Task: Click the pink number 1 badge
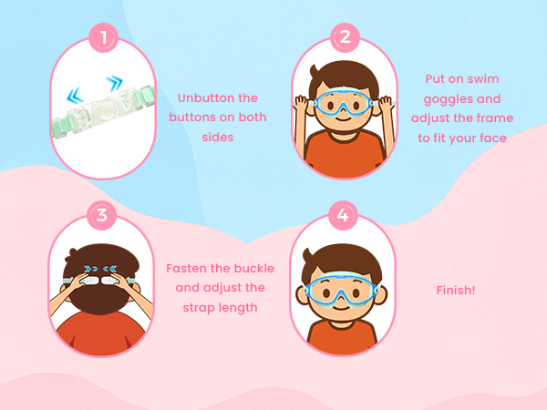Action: (103, 37)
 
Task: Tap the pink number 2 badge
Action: (345, 37)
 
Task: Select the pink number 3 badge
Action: (101, 215)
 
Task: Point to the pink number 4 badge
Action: (343, 215)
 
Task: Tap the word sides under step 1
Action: (218, 137)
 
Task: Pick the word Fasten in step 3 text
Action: (186, 269)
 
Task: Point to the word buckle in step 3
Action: (254, 269)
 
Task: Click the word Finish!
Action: (456, 290)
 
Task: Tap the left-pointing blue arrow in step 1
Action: (75, 96)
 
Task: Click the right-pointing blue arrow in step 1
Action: (115, 83)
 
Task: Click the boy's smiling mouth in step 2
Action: (344, 118)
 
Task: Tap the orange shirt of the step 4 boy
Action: (342, 337)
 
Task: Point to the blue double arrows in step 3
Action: (101, 269)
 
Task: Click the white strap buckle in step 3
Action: (100, 281)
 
